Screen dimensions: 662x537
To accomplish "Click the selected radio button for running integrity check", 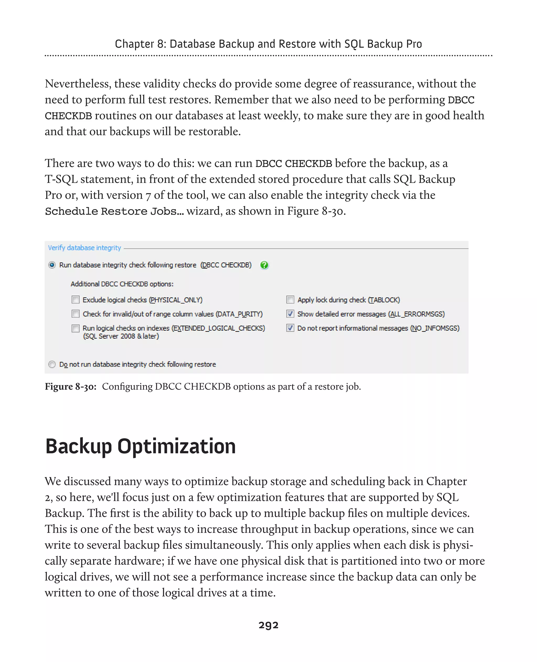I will point(52,265).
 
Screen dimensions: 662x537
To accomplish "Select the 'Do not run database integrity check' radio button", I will point(52,364).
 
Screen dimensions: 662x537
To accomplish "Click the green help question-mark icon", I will point(264,265).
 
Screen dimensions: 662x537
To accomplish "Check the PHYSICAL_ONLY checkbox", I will point(76,300).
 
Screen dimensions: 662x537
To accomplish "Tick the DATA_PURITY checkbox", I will point(76,314).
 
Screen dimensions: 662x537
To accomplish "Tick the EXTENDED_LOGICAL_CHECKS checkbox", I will point(76,328).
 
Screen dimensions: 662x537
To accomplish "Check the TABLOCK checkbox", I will point(290,300).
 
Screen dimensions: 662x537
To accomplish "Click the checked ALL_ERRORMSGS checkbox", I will point(290,314).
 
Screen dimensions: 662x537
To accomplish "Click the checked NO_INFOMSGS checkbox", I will point(290,328).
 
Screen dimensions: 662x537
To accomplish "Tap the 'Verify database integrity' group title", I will point(84,248).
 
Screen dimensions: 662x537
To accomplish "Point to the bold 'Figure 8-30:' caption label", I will point(71,387).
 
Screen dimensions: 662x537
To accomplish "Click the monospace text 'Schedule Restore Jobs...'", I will point(114,211).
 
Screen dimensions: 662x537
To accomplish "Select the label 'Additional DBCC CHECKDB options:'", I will point(122,284).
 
